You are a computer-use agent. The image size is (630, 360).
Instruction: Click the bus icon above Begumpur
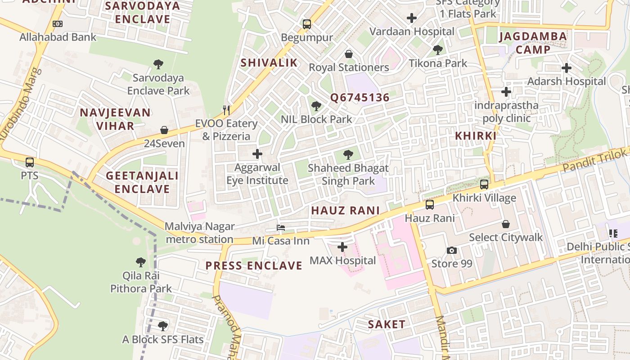[307, 24]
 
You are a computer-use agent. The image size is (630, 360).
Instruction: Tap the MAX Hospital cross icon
[342, 247]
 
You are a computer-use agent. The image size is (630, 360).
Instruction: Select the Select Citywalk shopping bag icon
[506, 224]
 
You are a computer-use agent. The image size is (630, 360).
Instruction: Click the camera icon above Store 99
[452, 250]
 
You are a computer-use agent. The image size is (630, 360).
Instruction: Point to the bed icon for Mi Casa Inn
[281, 228]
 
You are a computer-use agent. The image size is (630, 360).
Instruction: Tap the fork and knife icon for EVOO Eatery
[226, 110]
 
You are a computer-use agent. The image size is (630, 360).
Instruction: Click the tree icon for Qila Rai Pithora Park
[141, 262]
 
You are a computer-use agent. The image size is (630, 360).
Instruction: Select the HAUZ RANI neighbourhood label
[345, 210]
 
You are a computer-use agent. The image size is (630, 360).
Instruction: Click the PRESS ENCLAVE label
[254, 265]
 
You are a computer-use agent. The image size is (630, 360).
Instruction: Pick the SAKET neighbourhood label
[387, 324]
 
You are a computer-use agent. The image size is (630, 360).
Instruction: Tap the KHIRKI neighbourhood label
[475, 136]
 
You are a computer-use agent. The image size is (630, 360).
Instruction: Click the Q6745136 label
[360, 98]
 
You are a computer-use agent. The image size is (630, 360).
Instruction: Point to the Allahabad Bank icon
[58, 24]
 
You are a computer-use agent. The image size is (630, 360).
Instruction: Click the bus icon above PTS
[30, 162]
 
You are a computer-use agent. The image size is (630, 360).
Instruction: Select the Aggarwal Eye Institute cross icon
[257, 154]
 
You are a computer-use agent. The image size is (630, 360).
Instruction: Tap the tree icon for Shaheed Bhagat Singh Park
[348, 155]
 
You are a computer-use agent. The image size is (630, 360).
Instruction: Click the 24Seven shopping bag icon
[164, 130]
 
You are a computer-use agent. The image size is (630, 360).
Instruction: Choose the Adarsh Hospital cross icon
[567, 68]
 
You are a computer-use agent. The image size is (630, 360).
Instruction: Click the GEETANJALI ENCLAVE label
[142, 182]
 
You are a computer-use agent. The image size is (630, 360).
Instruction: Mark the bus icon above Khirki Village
[484, 184]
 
